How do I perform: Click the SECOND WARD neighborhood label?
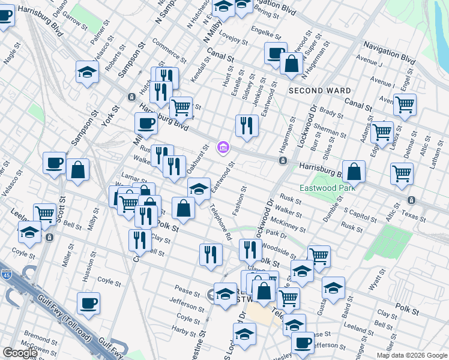(319, 91)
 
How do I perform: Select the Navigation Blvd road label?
(390, 53)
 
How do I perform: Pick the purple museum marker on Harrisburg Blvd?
(223, 146)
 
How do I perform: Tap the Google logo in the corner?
(20, 353)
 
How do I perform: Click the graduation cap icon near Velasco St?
(88, 73)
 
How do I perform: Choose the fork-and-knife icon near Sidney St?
(247, 125)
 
